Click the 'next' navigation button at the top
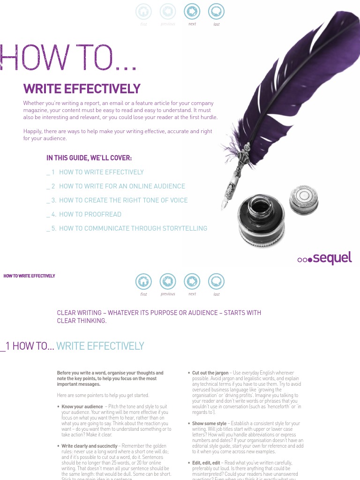coord(192,11)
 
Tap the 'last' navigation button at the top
coord(216,11)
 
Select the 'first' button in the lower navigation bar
coord(143,281)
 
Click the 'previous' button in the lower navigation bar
coord(168,281)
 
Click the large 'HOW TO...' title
coord(68,58)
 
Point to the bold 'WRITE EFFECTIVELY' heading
coord(82,89)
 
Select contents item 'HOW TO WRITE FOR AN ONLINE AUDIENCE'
coord(122,186)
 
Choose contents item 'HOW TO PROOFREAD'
coord(90,214)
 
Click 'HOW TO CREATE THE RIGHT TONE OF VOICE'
coord(123,200)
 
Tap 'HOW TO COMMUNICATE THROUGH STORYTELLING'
coord(133,228)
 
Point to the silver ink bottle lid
coord(304,199)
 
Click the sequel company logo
coord(324,258)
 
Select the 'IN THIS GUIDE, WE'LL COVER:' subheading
coord(89,158)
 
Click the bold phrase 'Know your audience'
coord(82,406)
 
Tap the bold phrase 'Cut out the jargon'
coord(210,373)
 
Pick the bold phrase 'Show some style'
coord(209,423)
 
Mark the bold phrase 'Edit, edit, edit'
coord(206,463)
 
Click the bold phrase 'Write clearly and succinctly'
coord(90,446)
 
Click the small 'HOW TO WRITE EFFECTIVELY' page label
coord(29,276)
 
